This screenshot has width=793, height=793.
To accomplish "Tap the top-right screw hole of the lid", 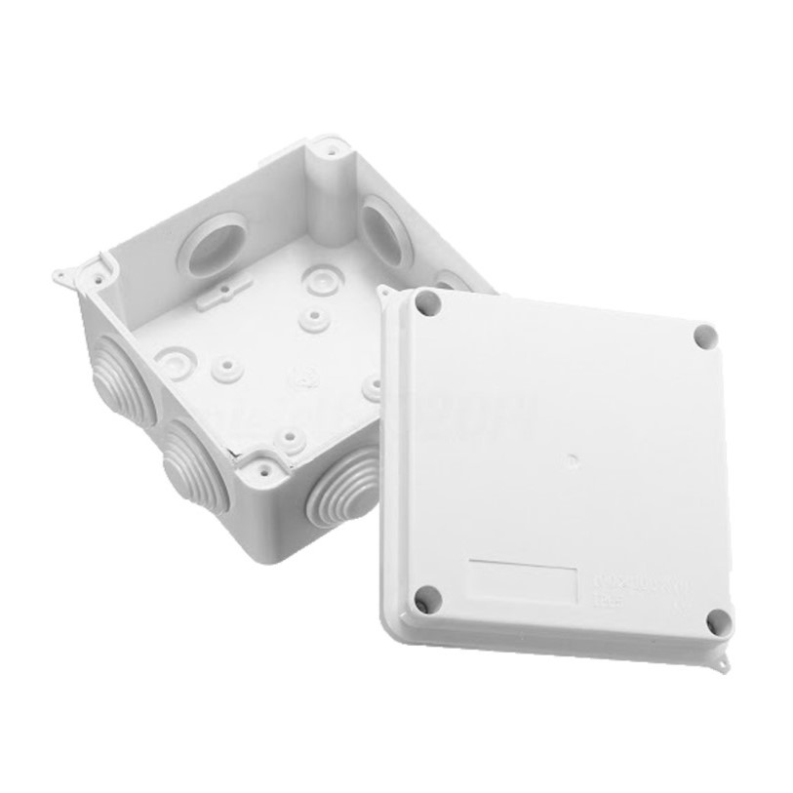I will pos(705,337).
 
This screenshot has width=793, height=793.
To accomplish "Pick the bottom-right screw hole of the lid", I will pos(718,621).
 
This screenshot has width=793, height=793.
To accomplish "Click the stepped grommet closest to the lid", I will pos(337,493).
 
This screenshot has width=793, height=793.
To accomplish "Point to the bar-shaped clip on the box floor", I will pos(224,294).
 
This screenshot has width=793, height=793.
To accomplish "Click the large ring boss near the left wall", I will pos(176,360).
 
